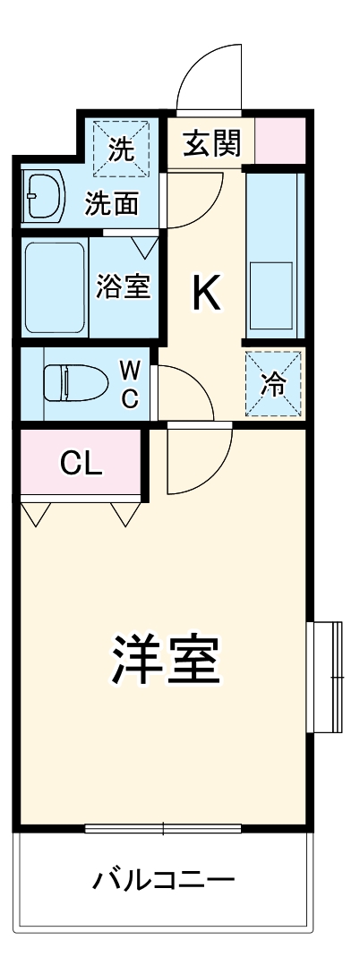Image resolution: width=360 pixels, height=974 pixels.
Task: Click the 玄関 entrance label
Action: [210, 143]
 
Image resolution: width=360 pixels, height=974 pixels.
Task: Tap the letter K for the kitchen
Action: [207, 293]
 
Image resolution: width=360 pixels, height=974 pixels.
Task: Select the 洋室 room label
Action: [166, 661]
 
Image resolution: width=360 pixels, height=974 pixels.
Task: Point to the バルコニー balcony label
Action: [165, 880]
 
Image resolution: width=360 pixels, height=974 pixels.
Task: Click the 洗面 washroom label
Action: [112, 204]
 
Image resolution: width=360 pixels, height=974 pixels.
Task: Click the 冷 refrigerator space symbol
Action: [273, 385]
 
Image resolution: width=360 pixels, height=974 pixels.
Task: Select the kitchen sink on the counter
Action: [271, 294]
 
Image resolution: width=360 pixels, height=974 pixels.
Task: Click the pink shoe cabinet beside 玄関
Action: [280, 141]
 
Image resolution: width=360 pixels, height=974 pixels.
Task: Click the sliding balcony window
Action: [163, 827]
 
